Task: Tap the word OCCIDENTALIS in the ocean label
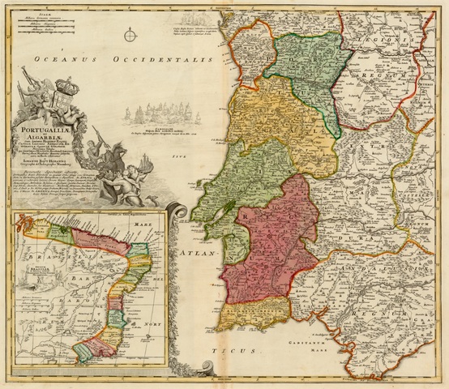point(155,60)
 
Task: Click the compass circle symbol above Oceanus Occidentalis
point(130,34)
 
